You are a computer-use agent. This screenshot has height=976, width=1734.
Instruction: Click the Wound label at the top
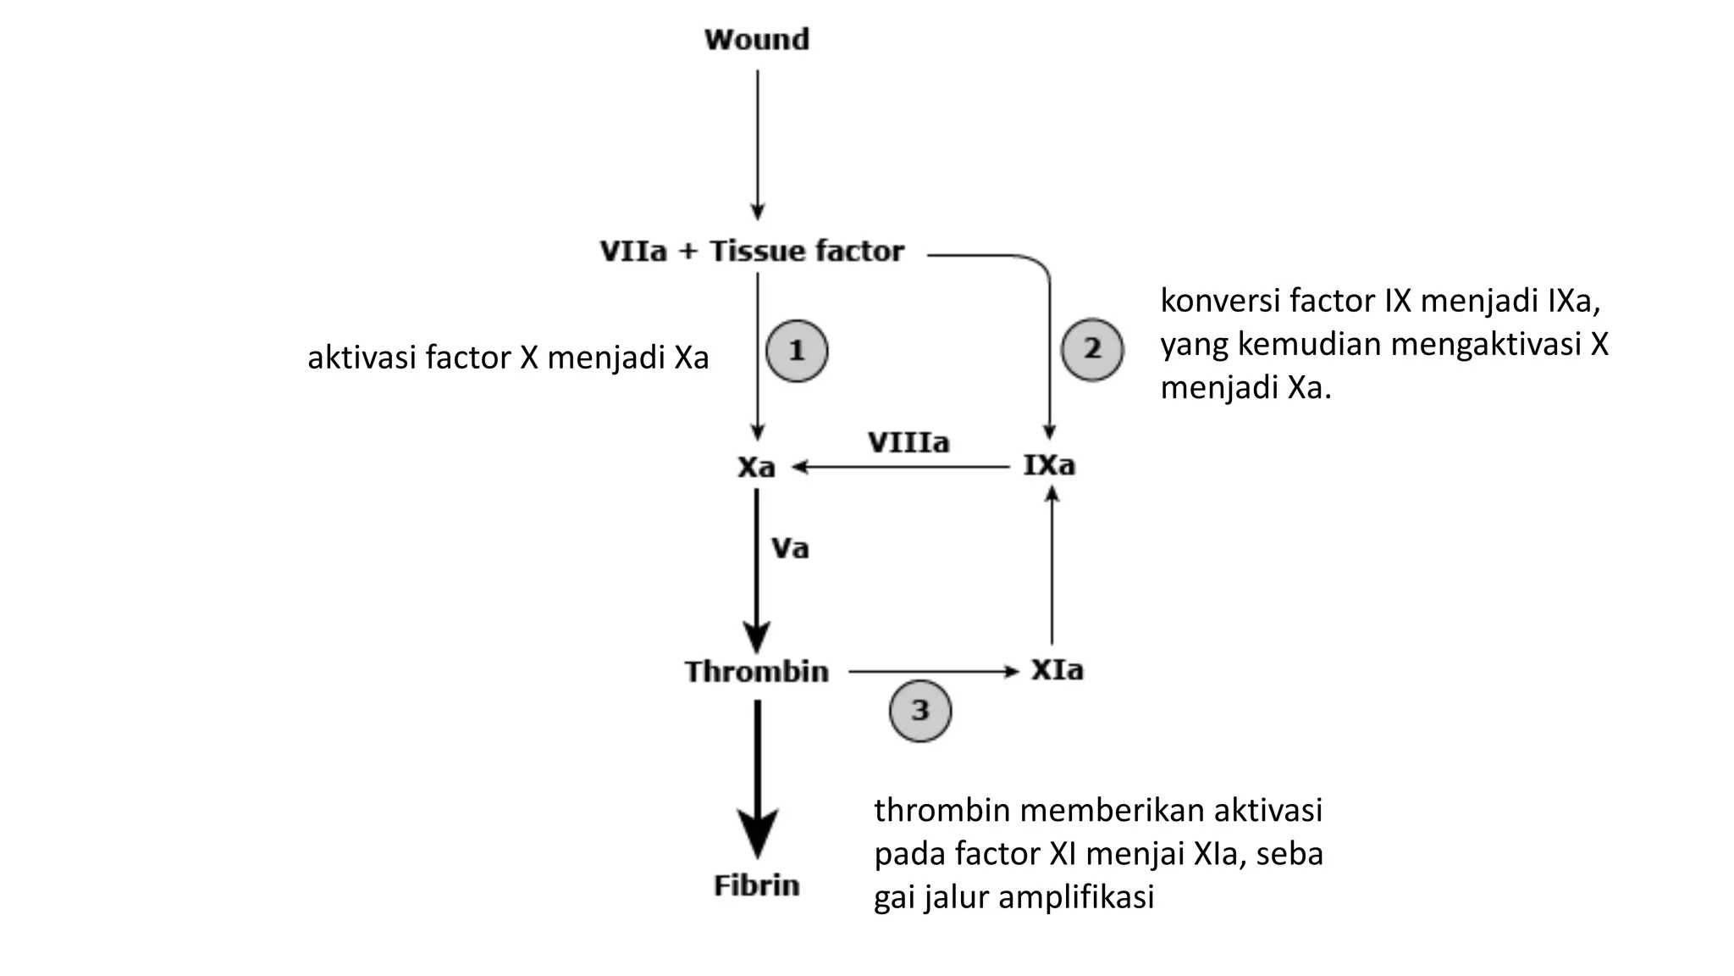point(756,39)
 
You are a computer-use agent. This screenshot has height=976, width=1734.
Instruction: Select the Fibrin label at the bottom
point(756,885)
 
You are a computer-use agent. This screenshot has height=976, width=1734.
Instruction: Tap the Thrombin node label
point(756,672)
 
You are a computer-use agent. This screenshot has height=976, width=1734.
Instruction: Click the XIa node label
point(1057,670)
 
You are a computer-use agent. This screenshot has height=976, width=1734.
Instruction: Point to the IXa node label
point(1049,465)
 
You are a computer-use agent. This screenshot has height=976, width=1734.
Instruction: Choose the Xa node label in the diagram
point(756,467)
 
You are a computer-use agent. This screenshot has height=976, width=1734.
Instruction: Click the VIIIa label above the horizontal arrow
point(908,442)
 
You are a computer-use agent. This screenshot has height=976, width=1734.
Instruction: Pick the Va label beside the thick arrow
point(790,549)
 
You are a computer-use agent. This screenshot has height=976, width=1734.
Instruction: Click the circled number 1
point(797,351)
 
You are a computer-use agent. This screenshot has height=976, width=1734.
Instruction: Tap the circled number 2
point(1092,349)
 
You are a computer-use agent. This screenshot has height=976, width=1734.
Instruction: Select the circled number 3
point(920,710)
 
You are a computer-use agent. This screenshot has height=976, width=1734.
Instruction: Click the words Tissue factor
point(807,251)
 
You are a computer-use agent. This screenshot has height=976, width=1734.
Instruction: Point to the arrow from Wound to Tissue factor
point(758,144)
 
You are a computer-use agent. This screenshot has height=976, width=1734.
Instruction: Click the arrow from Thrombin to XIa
point(931,672)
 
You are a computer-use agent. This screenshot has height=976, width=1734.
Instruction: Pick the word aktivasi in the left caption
point(362,358)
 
